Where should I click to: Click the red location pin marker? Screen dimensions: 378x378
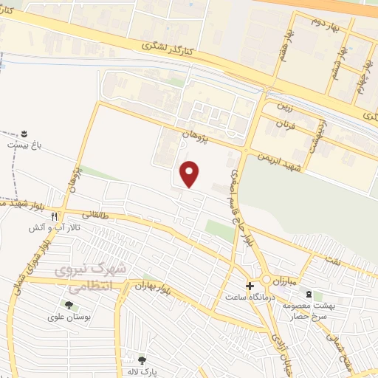[190, 173]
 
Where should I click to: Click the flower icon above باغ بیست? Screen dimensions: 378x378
[25, 134]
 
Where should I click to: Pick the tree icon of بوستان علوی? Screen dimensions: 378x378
[69, 304]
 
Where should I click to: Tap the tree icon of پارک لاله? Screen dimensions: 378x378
[142, 360]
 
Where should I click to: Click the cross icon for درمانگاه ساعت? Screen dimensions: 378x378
[250, 285]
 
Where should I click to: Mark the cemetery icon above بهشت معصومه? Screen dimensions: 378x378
[308, 294]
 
